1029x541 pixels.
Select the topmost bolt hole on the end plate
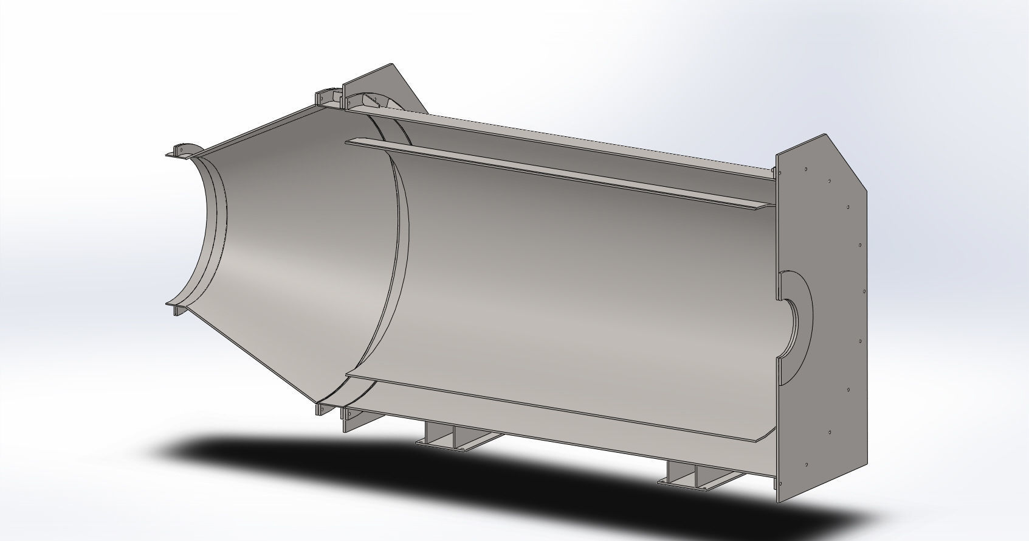(805, 169)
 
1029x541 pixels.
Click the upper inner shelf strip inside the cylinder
(547, 173)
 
